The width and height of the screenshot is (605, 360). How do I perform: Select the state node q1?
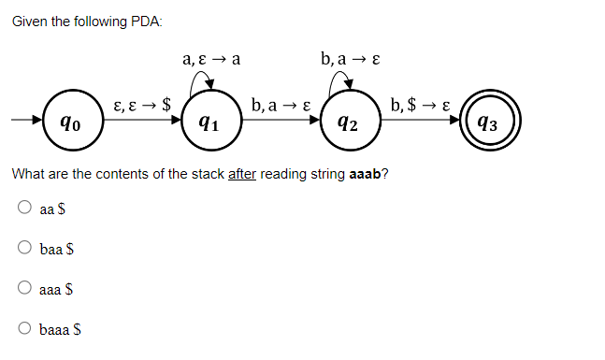pos(209,122)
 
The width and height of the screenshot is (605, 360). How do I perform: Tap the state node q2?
pos(345,122)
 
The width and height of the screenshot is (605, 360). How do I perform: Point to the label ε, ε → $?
pos(140,104)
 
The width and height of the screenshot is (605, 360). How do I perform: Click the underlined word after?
pos(242,174)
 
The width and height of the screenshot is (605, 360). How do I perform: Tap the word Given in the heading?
pos(30,22)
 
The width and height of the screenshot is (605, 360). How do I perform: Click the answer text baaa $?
pos(61,329)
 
